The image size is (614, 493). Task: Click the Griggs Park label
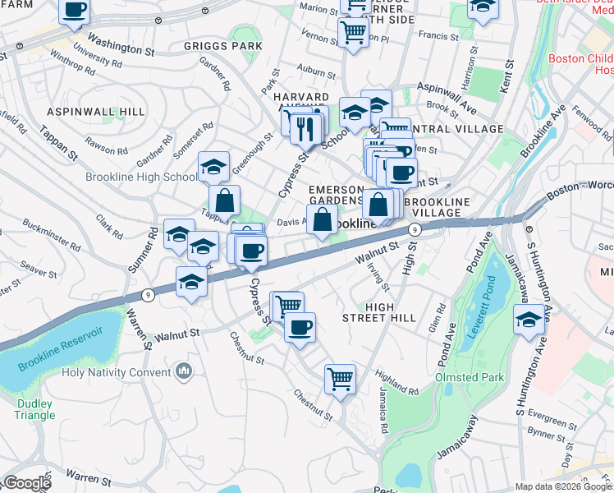pyautogui.click(x=212, y=46)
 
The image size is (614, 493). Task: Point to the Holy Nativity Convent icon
pyautogui.click(x=184, y=372)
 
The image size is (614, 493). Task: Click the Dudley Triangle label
pyautogui.click(x=34, y=409)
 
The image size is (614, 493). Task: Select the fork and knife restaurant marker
pyautogui.click(x=305, y=127)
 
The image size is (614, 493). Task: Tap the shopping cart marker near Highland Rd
pyautogui.click(x=340, y=379)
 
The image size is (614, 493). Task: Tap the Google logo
pyautogui.click(x=26, y=483)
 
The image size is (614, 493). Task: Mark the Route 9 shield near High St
pyautogui.click(x=416, y=230)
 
